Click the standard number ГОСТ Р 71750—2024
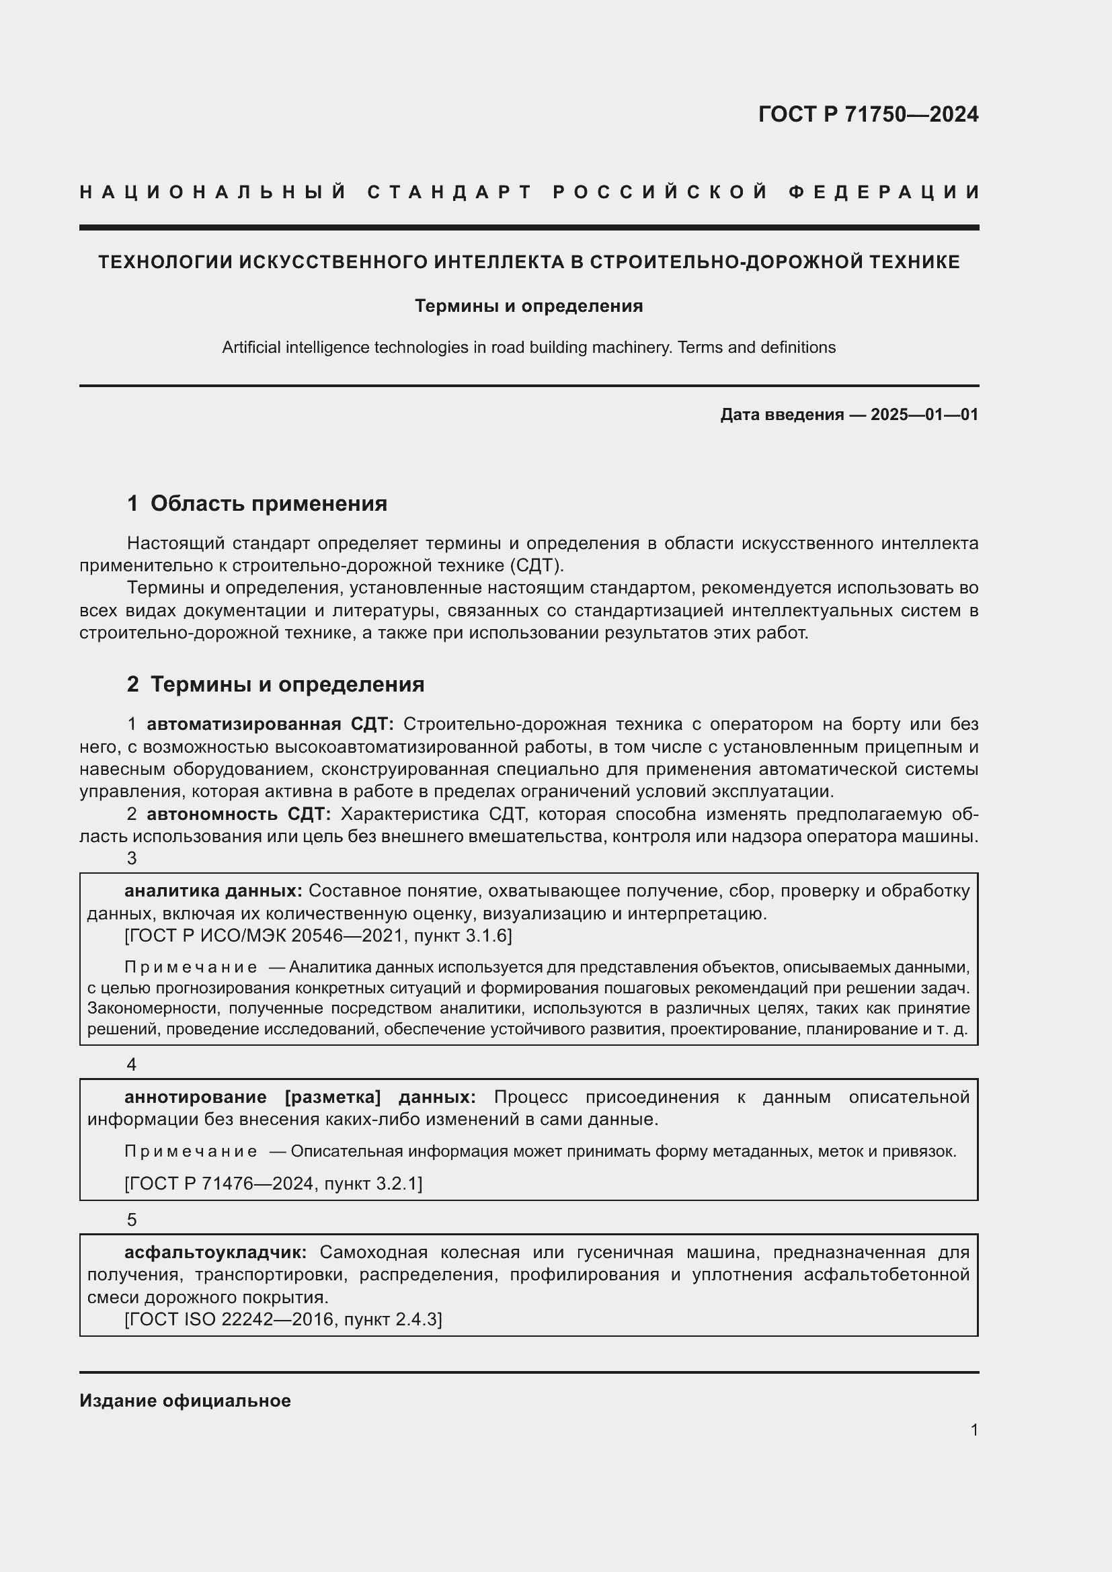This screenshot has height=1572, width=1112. click(x=867, y=114)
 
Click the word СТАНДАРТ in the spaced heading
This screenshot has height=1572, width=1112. click(x=450, y=192)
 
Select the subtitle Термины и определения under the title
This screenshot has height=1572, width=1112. click(x=528, y=306)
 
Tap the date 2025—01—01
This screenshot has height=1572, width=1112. click(x=924, y=414)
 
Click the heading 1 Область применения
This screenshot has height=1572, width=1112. click(x=257, y=503)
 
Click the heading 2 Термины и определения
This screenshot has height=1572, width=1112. click(x=276, y=684)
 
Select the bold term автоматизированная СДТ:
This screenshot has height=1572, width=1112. click(x=270, y=724)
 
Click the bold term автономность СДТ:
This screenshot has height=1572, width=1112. click(x=238, y=814)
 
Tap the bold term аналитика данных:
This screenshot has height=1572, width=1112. click(x=213, y=891)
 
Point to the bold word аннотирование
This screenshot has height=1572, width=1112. click(x=195, y=1097)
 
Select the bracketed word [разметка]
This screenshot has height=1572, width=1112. click(x=332, y=1097)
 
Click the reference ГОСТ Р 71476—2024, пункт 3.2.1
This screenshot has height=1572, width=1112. click(x=273, y=1183)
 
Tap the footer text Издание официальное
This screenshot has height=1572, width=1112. click(x=185, y=1401)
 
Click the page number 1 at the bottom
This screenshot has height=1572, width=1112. click(x=974, y=1430)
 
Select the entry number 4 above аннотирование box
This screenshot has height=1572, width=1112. click(x=132, y=1065)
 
